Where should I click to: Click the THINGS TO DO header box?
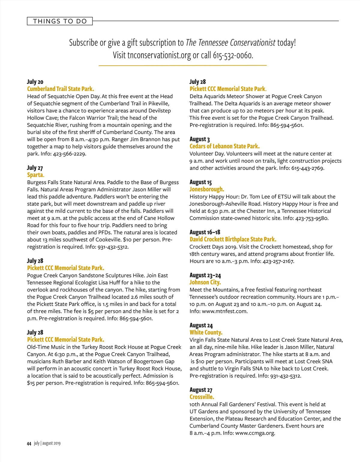(60, 21)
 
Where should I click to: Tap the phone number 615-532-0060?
(233, 55)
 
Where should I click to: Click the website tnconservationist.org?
(159, 55)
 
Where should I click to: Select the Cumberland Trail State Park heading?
(60, 89)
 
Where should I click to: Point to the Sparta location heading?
(35, 175)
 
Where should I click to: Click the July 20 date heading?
(35, 82)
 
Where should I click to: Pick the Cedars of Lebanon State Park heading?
(224, 146)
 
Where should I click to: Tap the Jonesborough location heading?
(207, 189)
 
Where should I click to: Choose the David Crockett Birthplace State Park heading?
(233, 239)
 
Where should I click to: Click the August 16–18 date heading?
(205, 232)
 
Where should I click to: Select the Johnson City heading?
(205, 282)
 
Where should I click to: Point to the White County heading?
(206, 332)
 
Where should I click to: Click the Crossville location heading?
(202, 397)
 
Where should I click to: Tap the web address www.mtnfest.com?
(225, 311)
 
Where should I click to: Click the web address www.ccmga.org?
(255, 433)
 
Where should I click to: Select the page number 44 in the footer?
(29, 444)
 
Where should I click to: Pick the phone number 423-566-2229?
(70, 154)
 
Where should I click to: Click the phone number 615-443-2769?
(307, 168)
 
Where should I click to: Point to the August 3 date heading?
(199, 139)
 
